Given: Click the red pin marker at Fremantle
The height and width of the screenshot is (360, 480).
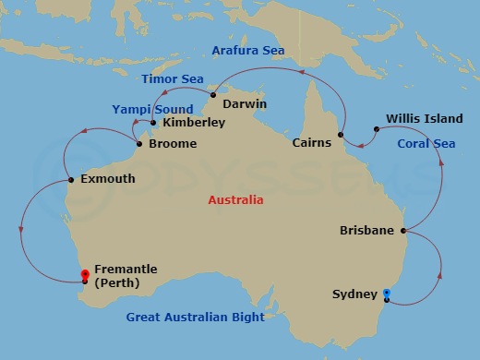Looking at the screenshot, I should click(x=85, y=275).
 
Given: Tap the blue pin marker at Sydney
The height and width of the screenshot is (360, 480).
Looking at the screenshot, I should click(x=386, y=294).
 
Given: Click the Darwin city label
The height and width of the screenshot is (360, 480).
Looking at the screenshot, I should click(x=245, y=103).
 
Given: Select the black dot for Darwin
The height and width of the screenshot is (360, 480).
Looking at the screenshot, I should click(x=213, y=95).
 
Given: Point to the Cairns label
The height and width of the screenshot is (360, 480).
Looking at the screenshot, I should click(x=311, y=143).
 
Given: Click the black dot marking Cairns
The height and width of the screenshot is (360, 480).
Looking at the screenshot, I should click(x=342, y=136).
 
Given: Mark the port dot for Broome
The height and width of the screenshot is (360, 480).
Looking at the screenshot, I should click(x=139, y=144).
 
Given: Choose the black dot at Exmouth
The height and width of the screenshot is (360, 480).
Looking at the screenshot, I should click(x=71, y=180).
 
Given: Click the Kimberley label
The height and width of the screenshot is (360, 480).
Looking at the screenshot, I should click(x=194, y=122).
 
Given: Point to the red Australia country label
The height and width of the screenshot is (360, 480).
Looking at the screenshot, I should click(x=235, y=199).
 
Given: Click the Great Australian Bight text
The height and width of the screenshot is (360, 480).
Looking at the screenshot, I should click(x=196, y=317).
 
